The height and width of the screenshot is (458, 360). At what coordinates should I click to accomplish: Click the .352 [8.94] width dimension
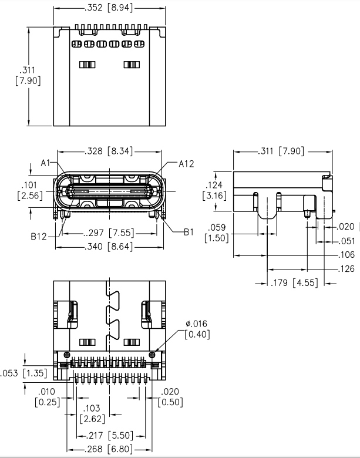pyautogui.click(x=109, y=8)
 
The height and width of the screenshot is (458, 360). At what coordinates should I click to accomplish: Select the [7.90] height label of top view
pyautogui.click(x=28, y=81)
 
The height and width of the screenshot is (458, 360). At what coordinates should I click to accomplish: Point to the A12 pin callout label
pyautogui.click(x=186, y=163)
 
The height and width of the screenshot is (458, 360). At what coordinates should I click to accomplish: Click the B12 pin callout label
pyautogui.click(x=40, y=237)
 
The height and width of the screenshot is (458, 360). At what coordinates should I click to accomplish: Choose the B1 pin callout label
pyautogui.click(x=188, y=232)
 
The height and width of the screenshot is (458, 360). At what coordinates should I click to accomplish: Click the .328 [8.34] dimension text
pyautogui.click(x=109, y=151)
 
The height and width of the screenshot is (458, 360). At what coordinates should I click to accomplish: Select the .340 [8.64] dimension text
pyautogui.click(x=109, y=247)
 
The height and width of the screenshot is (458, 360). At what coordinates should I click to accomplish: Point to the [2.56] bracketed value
pyautogui.click(x=30, y=196)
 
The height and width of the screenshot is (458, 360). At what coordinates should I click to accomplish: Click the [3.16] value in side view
pyautogui.click(x=214, y=196)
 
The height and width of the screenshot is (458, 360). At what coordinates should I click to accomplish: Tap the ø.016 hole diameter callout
pyautogui.click(x=196, y=324)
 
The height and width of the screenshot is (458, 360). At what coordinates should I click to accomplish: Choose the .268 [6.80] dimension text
pyautogui.click(x=110, y=449)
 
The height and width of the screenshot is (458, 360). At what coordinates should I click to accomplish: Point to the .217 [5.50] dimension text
pyautogui.click(x=110, y=435)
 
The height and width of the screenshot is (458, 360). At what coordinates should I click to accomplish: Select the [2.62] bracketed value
pyautogui.click(x=92, y=419)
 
